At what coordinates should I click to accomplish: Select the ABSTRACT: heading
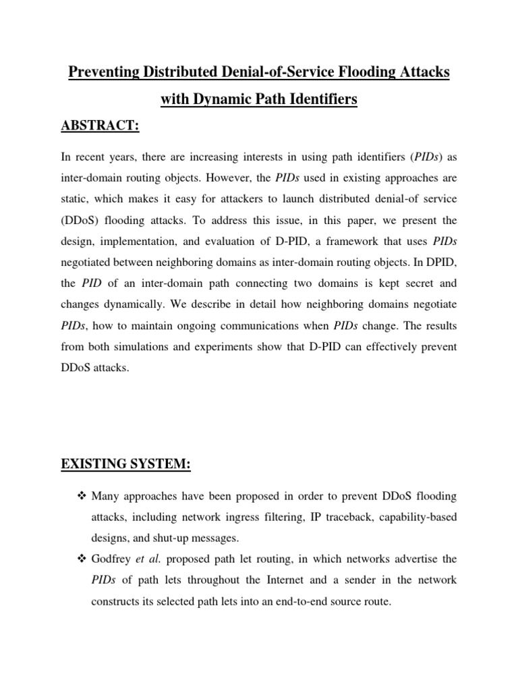click(x=99, y=128)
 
